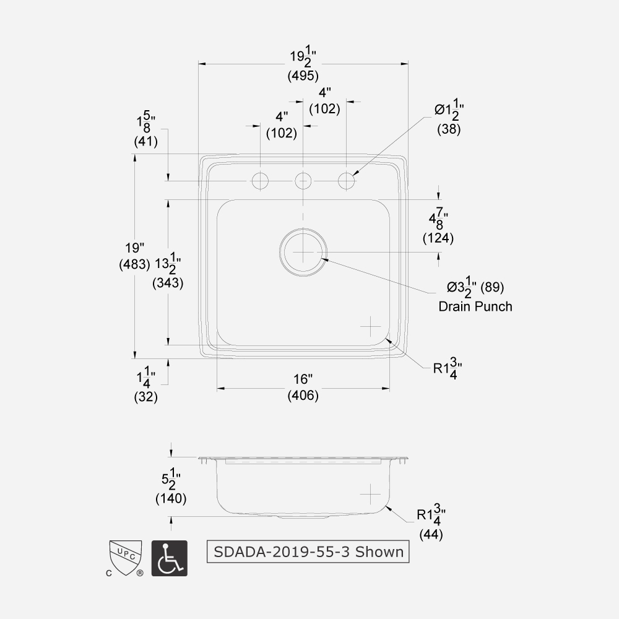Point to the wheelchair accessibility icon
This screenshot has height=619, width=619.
point(170,558)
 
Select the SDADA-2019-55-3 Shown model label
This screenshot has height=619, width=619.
point(308,552)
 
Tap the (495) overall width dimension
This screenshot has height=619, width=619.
point(303,76)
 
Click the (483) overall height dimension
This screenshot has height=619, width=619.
point(134,264)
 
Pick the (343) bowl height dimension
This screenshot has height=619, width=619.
point(168,283)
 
